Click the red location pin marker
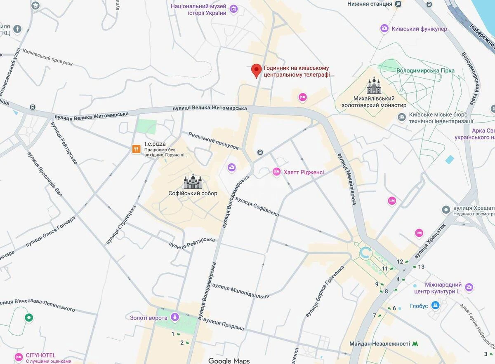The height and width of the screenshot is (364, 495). pyautogui.click(x=257, y=70)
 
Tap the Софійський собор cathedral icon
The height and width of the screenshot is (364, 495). pyautogui.click(x=193, y=181)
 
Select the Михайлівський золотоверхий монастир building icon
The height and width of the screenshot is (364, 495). pyautogui.click(x=374, y=86)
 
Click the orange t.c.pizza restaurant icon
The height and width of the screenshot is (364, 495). pyautogui.click(x=136, y=149)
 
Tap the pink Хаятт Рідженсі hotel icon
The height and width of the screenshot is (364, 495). pyautogui.click(x=276, y=172)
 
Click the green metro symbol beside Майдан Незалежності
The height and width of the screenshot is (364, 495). pyautogui.click(x=415, y=343)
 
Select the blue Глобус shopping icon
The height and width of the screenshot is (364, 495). pyautogui.click(x=435, y=306)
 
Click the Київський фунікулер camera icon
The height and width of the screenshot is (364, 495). pyautogui.click(x=384, y=28)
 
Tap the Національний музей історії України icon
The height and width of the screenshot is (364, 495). pyautogui.click(x=234, y=9)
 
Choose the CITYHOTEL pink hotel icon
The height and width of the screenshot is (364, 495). pyautogui.click(x=19, y=357)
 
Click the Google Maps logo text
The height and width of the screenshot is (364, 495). pyautogui.click(x=229, y=361)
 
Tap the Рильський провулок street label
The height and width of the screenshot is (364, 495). pyautogui.click(x=214, y=141)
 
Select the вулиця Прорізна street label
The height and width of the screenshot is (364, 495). pyautogui.click(x=223, y=324)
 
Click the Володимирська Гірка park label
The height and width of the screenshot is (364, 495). pyautogui.click(x=425, y=70)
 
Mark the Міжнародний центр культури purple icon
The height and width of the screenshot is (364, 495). pyautogui.click(x=469, y=287)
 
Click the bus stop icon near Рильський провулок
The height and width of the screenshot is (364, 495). pyautogui.click(x=260, y=152)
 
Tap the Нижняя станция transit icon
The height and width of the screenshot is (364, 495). pyautogui.click(x=398, y=4)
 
